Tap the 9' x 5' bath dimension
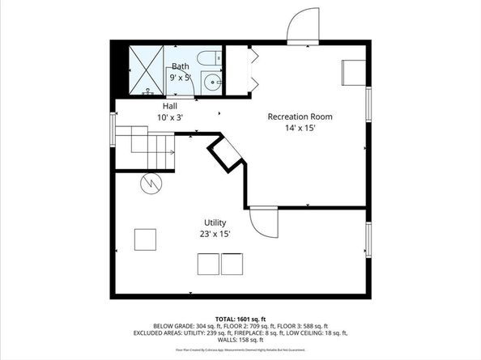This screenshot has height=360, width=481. [x=179, y=78]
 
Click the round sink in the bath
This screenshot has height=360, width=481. [x=211, y=81]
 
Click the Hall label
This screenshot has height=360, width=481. [x=170, y=106]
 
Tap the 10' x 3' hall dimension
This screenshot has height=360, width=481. [x=170, y=118]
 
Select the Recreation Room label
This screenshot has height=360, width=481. [x=300, y=116]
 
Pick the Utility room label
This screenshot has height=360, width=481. [x=215, y=222]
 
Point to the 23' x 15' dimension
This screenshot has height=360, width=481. [x=215, y=234]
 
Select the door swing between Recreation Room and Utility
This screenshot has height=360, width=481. [x=262, y=221]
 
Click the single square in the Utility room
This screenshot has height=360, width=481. [x=146, y=240]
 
